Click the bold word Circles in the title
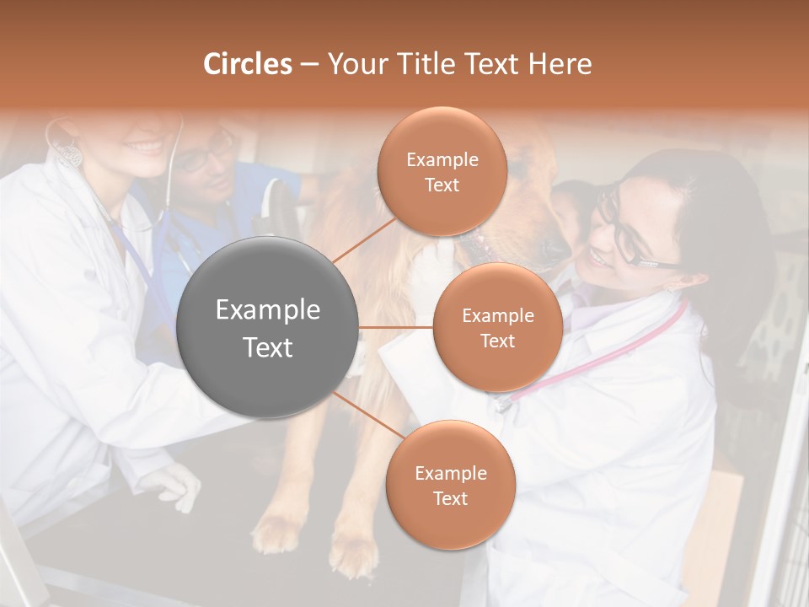pos(248,64)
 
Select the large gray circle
pos(267,327)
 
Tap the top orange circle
pos(442,171)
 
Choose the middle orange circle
pos(497,327)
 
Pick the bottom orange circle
pos(450,485)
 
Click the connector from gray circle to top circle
pos(364,240)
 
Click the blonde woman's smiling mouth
pos(144,147)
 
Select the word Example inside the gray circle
pos(267,310)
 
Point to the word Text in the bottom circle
pos(450,498)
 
